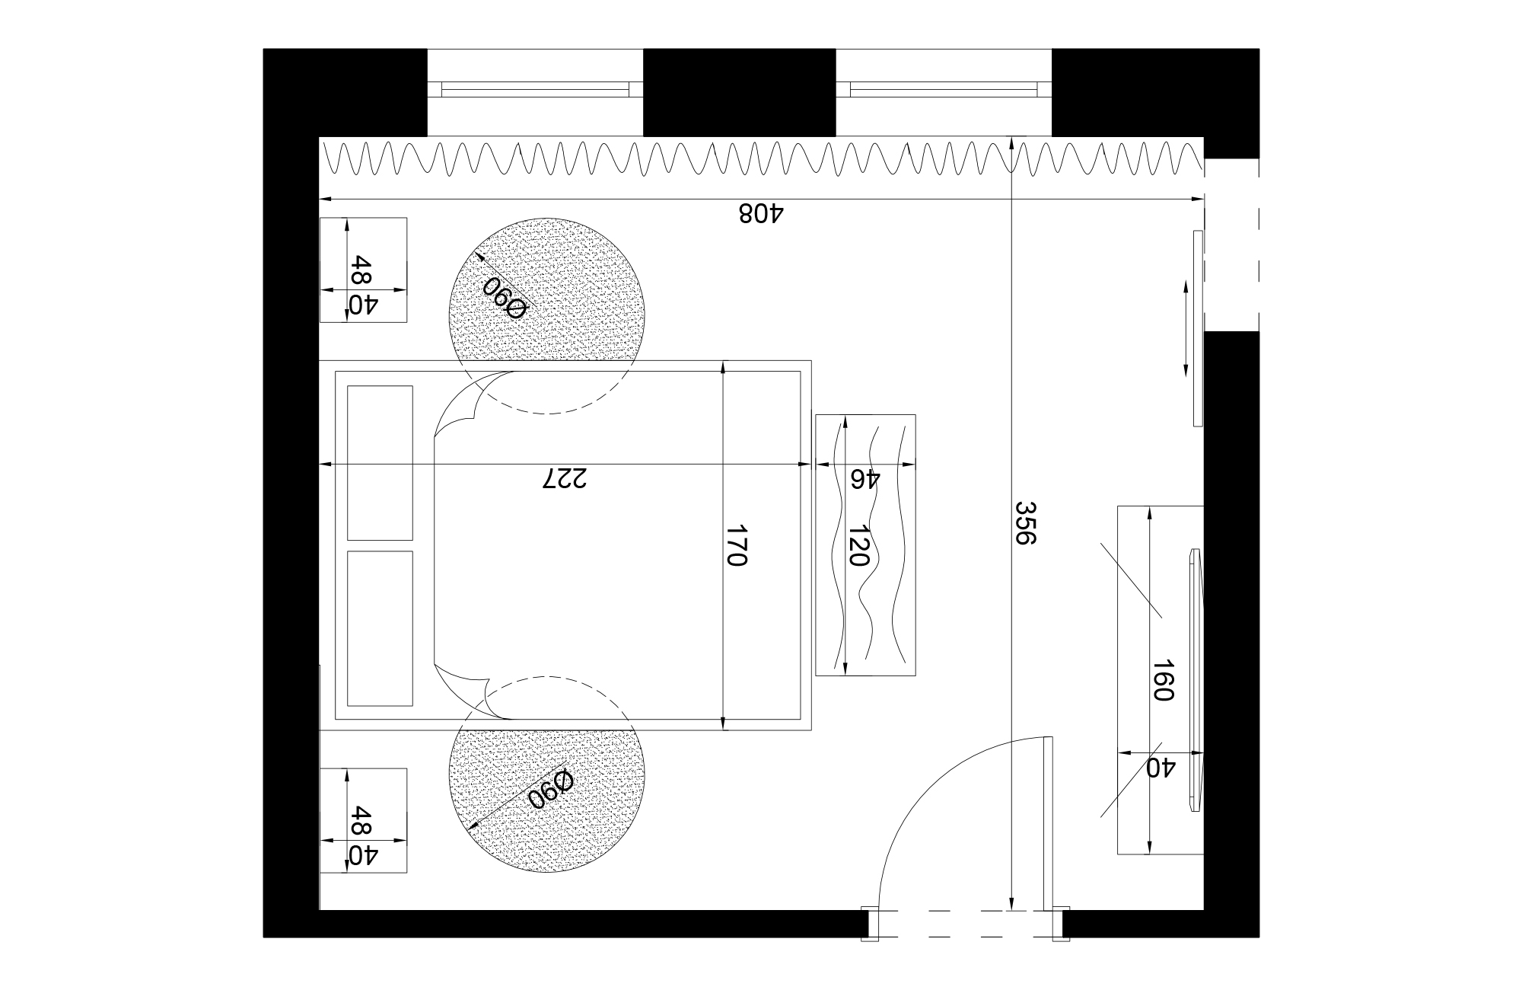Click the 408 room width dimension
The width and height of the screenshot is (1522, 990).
click(760, 212)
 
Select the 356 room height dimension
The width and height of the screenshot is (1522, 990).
click(1026, 522)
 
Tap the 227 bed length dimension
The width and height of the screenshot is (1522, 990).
click(565, 478)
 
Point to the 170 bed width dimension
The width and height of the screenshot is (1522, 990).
click(736, 545)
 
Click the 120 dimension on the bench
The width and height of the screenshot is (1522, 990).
click(858, 545)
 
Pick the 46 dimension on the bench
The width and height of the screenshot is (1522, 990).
click(865, 479)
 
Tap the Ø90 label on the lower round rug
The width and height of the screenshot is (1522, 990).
click(550, 790)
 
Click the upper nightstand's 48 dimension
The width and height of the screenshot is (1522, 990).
click(360, 270)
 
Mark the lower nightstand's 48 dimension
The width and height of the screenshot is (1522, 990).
click(360, 822)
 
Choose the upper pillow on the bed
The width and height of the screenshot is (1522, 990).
click(380, 462)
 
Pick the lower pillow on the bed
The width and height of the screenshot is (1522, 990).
click(380, 628)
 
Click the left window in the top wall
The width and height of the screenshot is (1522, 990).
click(535, 90)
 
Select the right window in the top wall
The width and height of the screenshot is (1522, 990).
click(944, 90)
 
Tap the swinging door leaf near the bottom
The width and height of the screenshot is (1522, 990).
click(1048, 823)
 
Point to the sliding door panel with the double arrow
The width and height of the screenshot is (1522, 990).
click(1198, 328)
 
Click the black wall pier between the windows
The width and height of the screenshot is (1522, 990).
click(739, 92)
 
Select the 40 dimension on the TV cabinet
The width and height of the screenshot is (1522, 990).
click(1161, 768)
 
